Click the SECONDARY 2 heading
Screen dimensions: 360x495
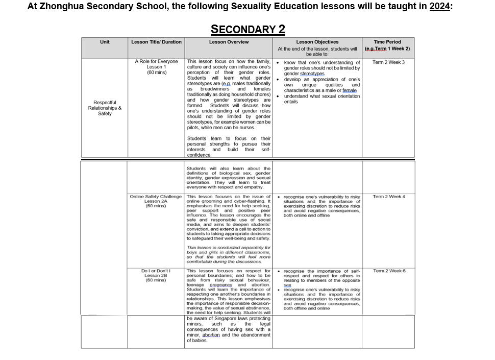click(x=247, y=29)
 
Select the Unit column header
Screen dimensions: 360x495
click(x=104, y=42)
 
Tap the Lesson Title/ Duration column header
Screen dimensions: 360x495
click(x=156, y=42)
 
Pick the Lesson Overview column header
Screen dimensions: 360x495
click(x=229, y=42)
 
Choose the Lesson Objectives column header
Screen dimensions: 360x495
click(x=317, y=42)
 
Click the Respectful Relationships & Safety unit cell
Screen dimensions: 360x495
click(x=104, y=108)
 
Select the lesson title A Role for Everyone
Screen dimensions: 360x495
click(x=156, y=62)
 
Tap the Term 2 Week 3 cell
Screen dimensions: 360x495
click(x=388, y=62)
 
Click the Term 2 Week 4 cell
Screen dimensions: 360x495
click(x=389, y=197)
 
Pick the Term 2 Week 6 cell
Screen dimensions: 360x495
click(x=389, y=271)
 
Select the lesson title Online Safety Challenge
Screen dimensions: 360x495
click(x=156, y=197)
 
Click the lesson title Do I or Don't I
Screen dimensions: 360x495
click(x=156, y=271)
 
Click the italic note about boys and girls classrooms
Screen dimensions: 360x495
click(x=228, y=254)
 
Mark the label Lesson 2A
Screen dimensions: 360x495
click(x=156, y=201)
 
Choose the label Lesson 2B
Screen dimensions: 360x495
click(x=156, y=275)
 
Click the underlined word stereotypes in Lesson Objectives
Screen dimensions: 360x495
click(x=312, y=74)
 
